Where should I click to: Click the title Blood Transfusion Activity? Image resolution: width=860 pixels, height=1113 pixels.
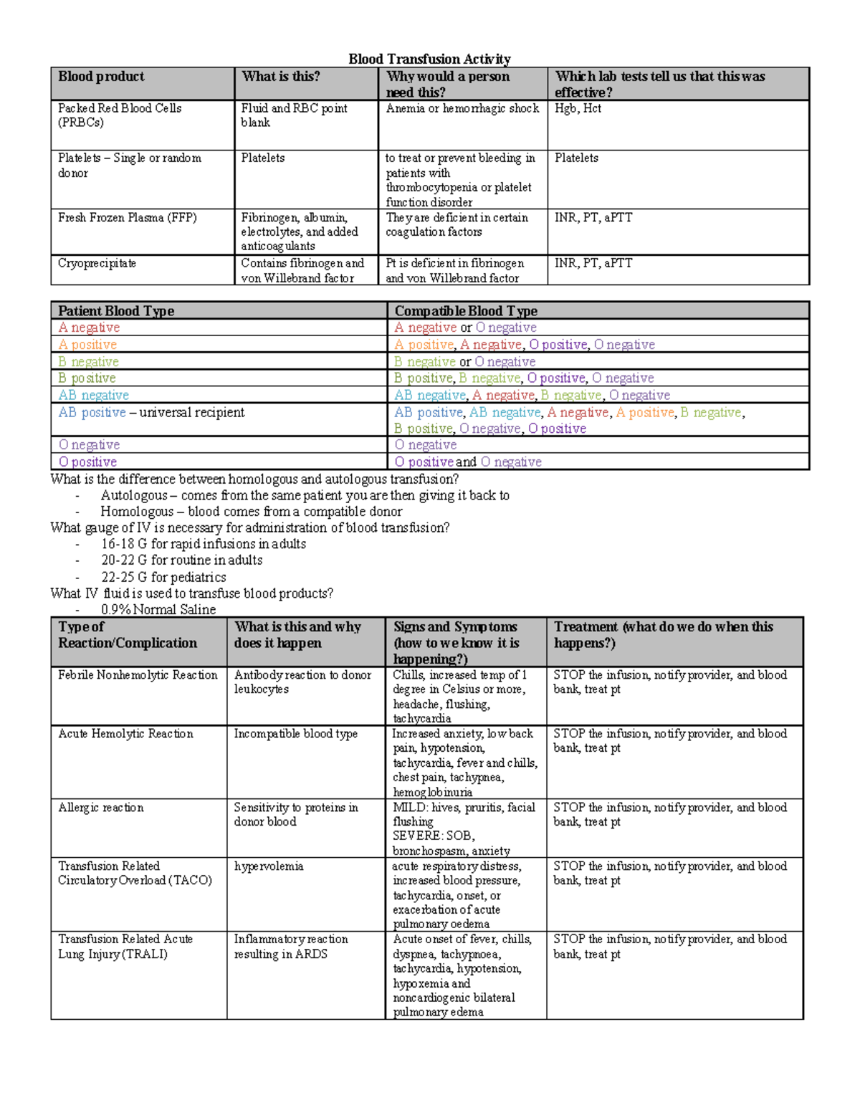429,59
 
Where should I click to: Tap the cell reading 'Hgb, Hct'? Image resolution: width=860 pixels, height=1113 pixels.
578,108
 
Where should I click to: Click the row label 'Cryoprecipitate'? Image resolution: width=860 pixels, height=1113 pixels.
97,264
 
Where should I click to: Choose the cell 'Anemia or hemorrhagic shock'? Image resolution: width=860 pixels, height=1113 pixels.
462,108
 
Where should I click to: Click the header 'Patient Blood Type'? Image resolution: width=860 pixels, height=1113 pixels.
116,311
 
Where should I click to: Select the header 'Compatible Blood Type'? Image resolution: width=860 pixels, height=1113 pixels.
466,311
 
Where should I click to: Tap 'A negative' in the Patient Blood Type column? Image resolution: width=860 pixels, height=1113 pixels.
89,328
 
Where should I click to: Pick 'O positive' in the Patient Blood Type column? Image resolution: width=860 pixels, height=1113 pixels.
87,462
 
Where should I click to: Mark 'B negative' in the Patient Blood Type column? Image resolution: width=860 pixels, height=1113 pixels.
88,362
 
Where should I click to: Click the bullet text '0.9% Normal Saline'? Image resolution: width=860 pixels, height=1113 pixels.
158,610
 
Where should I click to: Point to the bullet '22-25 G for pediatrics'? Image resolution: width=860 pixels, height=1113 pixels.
163,577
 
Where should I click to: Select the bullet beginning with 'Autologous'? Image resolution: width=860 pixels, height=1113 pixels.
305,495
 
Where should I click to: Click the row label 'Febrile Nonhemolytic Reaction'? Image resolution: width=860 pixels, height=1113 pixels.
138,675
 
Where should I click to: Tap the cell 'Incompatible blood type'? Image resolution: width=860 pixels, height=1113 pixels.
295,734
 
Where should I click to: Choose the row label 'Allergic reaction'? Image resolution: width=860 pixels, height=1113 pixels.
100,808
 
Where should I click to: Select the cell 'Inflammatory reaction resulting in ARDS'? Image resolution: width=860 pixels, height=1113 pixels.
291,947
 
